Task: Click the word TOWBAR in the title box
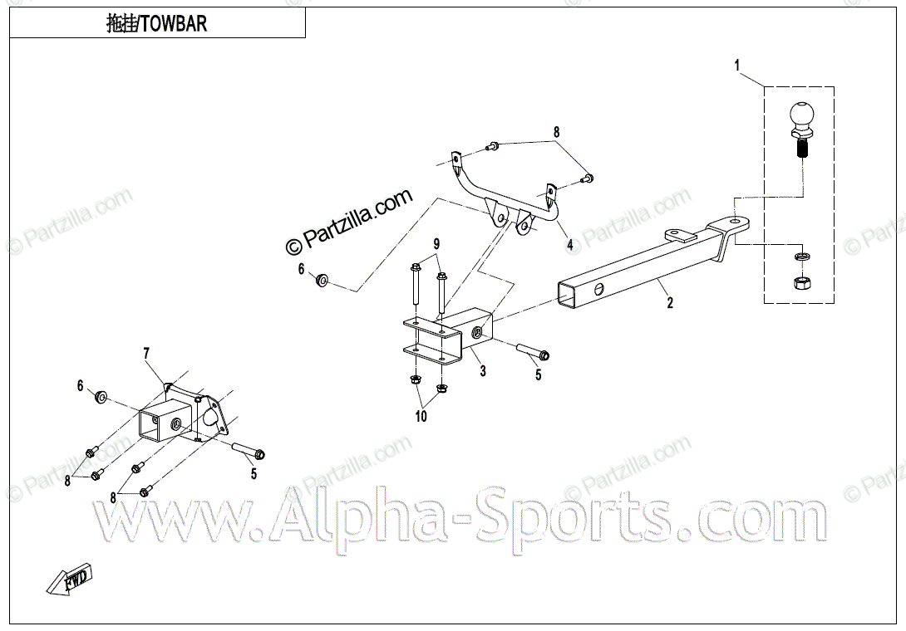click(x=174, y=24)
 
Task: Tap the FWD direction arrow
click(x=71, y=580)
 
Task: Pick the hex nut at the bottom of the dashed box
click(x=801, y=285)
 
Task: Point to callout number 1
click(x=737, y=64)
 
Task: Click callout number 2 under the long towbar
click(x=670, y=303)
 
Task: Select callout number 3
click(x=483, y=371)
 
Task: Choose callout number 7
click(x=146, y=354)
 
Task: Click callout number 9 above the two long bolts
click(x=435, y=243)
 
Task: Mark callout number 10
click(x=421, y=417)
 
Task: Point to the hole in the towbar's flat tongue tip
click(x=737, y=222)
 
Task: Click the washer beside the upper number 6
click(x=321, y=278)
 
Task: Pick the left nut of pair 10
click(x=415, y=381)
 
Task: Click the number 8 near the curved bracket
click(x=557, y=132)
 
